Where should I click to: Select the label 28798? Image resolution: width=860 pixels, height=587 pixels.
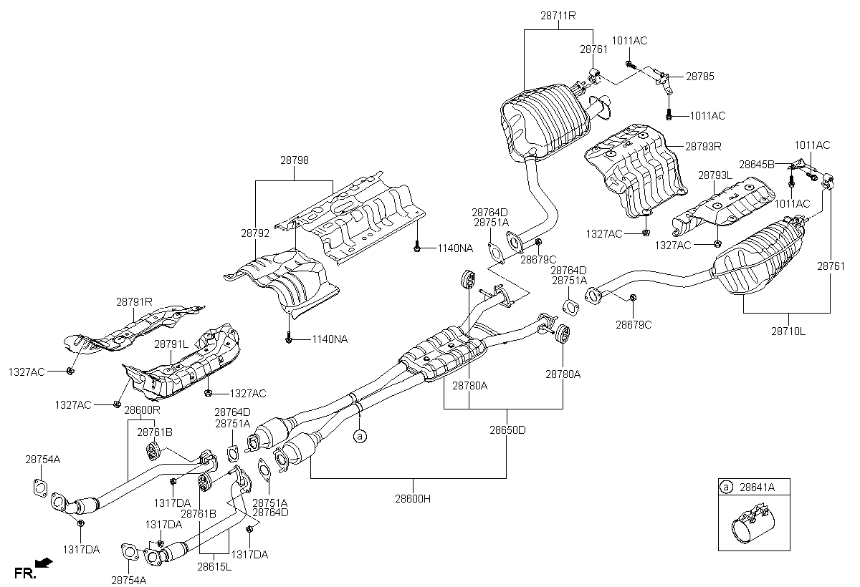(x=294, y=162)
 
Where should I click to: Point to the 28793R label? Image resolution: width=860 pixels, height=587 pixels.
(x=702, y=146)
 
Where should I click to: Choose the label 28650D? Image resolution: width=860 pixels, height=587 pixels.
(x=507, y=430)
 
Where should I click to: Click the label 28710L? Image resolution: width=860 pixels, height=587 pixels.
(x=788, y=331)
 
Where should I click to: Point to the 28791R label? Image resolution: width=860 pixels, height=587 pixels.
(x=135, y=302)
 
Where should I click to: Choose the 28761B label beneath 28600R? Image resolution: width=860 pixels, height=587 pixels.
(x=155, y=432)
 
